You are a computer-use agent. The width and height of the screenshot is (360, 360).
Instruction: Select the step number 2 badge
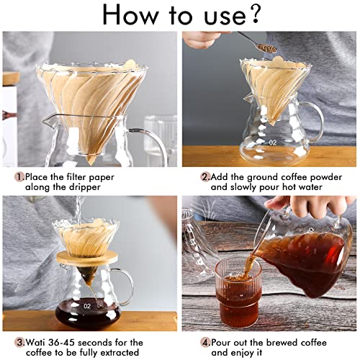point(204,176)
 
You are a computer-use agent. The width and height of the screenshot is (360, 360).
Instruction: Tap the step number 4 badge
point(204,343)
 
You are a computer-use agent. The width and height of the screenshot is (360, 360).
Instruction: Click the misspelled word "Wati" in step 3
point(38,343)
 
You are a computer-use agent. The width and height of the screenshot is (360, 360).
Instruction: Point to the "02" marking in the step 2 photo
point(272,143)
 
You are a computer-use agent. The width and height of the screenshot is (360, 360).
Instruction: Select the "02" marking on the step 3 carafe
point(87,306)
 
